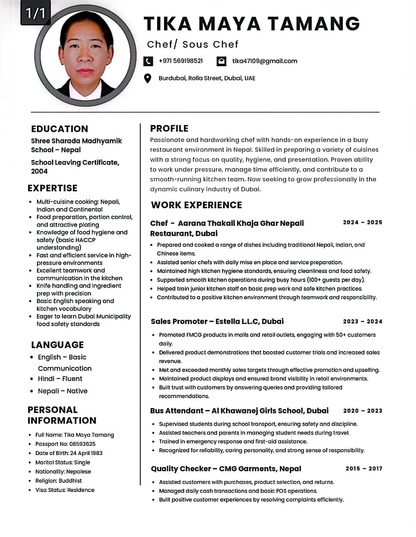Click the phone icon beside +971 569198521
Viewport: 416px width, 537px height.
pyautogui.click(x=148, y=61)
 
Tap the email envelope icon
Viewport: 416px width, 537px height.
pyautogui.click(x=221, y=61)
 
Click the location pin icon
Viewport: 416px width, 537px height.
pyautogui.click(x=148, y=78)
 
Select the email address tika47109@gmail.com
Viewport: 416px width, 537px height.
pyautogui.click(x=265, y=61)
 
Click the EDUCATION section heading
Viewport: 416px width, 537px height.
pyautogui.click(x=59, y=129)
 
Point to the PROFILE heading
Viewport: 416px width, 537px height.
pyautogui.click(x=169, y=128)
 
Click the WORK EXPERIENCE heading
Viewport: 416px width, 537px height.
pyautogui.click(x=196, y=205)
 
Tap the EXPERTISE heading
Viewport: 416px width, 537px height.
pyautogui.click(x=52, y=188)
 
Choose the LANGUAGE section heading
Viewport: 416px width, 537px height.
pyautogui.click(x=57, y=345)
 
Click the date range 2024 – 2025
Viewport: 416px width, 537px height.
pyautogui.click(x=362, y=222)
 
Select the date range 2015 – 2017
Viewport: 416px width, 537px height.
pyautogui.click(x=364, y=469)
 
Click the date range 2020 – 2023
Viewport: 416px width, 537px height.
pyautogui.click(x=362, y=411)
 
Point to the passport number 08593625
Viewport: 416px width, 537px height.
pyautogui.click(x=82, y=444)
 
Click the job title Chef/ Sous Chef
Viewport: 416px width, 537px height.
pyautogui.click(x=193, y=44)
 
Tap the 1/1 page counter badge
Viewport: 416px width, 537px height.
pyautogui.click(x=35, y=13)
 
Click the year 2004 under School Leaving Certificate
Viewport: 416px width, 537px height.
pyautogui.click(x=39, y=172)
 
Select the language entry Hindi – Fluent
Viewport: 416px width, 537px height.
pyautogui.click(x=60, y=379)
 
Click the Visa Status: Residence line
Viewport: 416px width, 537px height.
pyautogui.click(x=65, y=490)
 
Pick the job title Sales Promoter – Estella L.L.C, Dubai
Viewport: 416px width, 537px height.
pyautogui.click(x=217, y=322)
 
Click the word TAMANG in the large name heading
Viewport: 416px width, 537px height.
pyautogui.click(x=313, y=23)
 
